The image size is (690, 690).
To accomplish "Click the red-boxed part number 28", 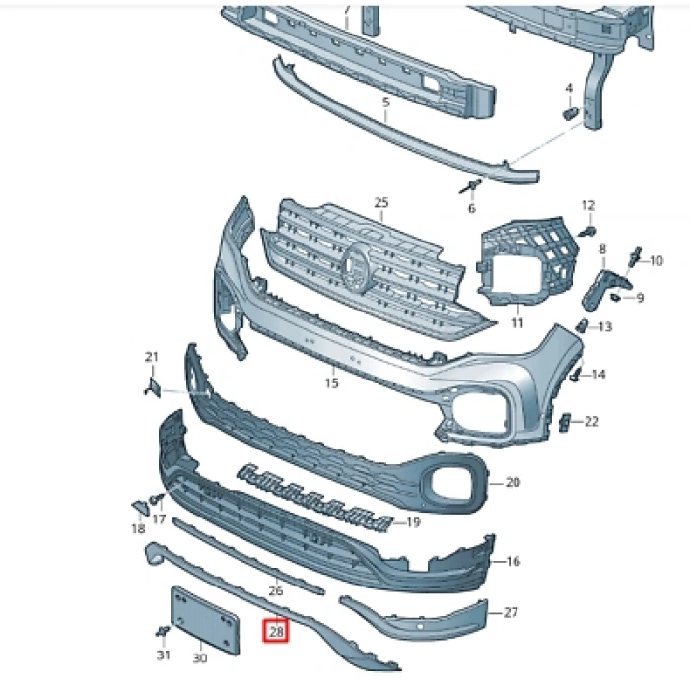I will [x=275, y=630].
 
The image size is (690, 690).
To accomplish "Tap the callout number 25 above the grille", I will [x=381, y=203].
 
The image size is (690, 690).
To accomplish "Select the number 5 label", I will [x=385, y=102].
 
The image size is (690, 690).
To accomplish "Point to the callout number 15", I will [x=331, y=382].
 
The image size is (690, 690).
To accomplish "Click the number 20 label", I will [x=512, y=483].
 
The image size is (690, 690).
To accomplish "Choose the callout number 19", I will [x=413, y=522].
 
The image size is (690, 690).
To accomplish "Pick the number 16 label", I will [x=513, y=562].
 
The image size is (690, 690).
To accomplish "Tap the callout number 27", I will [x=510, y=613].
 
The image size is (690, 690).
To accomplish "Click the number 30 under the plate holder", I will [x=199, y=657].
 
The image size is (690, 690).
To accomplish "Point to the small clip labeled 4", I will [x=570, y=114].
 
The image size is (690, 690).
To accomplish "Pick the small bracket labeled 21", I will [x=153, y=386].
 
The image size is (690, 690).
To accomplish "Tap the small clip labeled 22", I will [x=566, y=422].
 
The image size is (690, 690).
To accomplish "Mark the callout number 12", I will [x=588, y=205].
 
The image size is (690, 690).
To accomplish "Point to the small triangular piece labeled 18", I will [x=140, y=507].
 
